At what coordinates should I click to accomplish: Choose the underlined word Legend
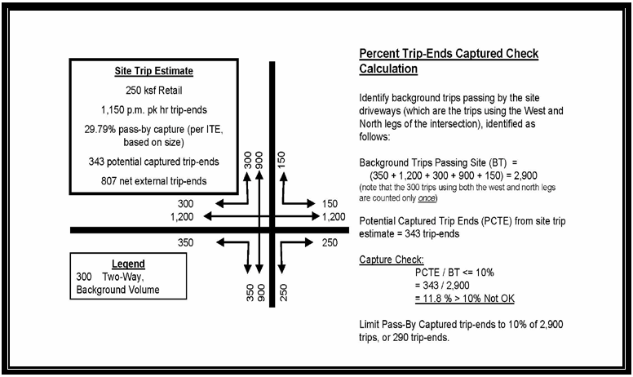click(127, 264)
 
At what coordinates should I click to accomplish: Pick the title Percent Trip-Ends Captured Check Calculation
click(449, 61)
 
